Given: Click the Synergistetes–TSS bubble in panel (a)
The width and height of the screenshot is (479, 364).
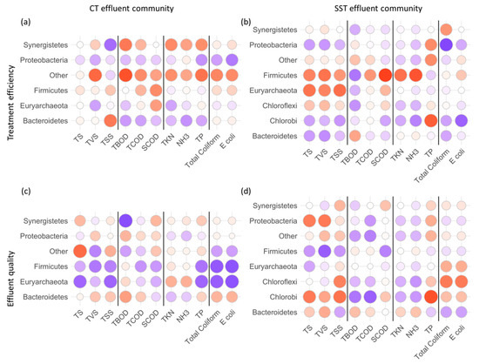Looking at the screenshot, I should [111, 44].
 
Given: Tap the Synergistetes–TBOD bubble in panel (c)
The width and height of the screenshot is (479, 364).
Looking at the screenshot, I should [126, 221].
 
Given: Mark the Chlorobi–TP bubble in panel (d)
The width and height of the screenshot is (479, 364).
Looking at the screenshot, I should [429, 297].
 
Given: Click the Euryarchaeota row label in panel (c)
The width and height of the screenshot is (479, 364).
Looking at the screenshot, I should [44, 282].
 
